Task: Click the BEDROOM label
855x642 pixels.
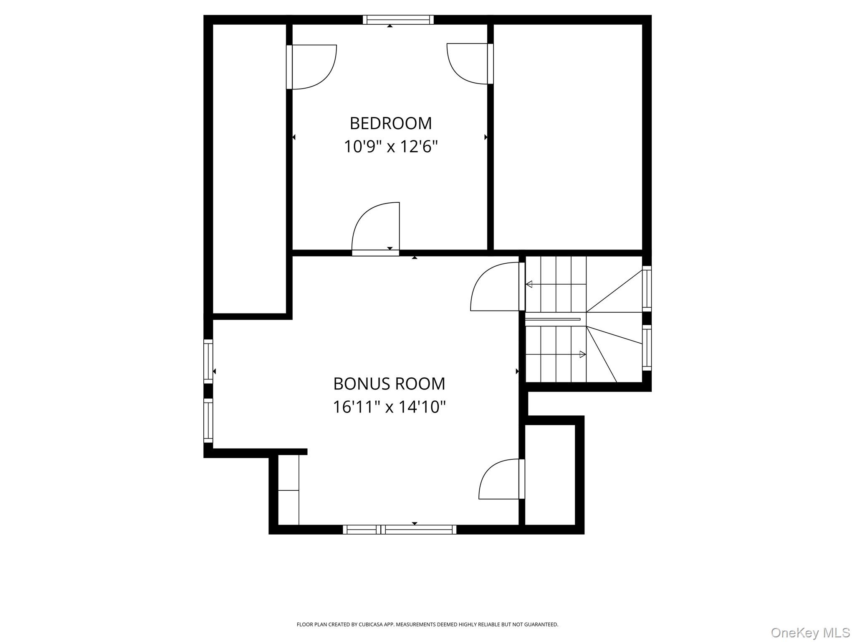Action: click(390, 123)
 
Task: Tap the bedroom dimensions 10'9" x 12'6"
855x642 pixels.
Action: click(390, 147)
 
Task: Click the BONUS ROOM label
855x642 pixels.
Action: click(389, 384)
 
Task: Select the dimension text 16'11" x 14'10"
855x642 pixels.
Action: click(389, 407)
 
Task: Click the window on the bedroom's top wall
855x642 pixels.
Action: click(398, 20)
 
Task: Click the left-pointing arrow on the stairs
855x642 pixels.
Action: click(529, 285)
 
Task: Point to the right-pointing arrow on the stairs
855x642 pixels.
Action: click(582, 354)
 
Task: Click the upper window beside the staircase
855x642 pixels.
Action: click(647, 288)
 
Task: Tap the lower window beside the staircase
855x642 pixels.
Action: click(647, 348)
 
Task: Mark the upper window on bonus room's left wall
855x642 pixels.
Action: click(208, 361)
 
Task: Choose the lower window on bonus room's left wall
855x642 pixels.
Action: click(208, 420)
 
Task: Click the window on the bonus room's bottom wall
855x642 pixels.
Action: click(400, 530)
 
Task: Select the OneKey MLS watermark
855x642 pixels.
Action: click(810, 632)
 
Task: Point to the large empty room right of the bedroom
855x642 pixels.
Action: click(568, 137)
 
